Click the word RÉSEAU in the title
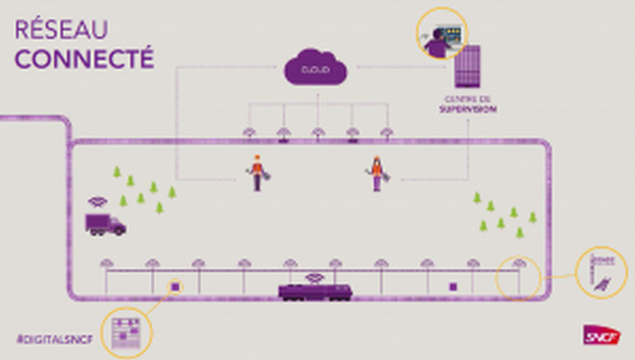[x=61, y=30]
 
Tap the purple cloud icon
[x=316, y=68]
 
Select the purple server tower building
[x=467, y=66]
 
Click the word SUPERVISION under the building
[x=467, y=109]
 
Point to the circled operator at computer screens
[x=441, y=33]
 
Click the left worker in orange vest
[x=257, y=173]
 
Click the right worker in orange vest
[x=377, y=174]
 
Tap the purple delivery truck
[x=105, y=224]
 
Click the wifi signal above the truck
[x=97, y=202]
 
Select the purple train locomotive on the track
[x=315, y=291]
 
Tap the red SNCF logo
[x=602, y=335]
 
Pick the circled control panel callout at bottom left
[x=126, y=332]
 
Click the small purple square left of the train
[x=176, y=286]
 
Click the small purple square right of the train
[x=454, y=286]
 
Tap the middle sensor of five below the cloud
[x=317, y=132]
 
